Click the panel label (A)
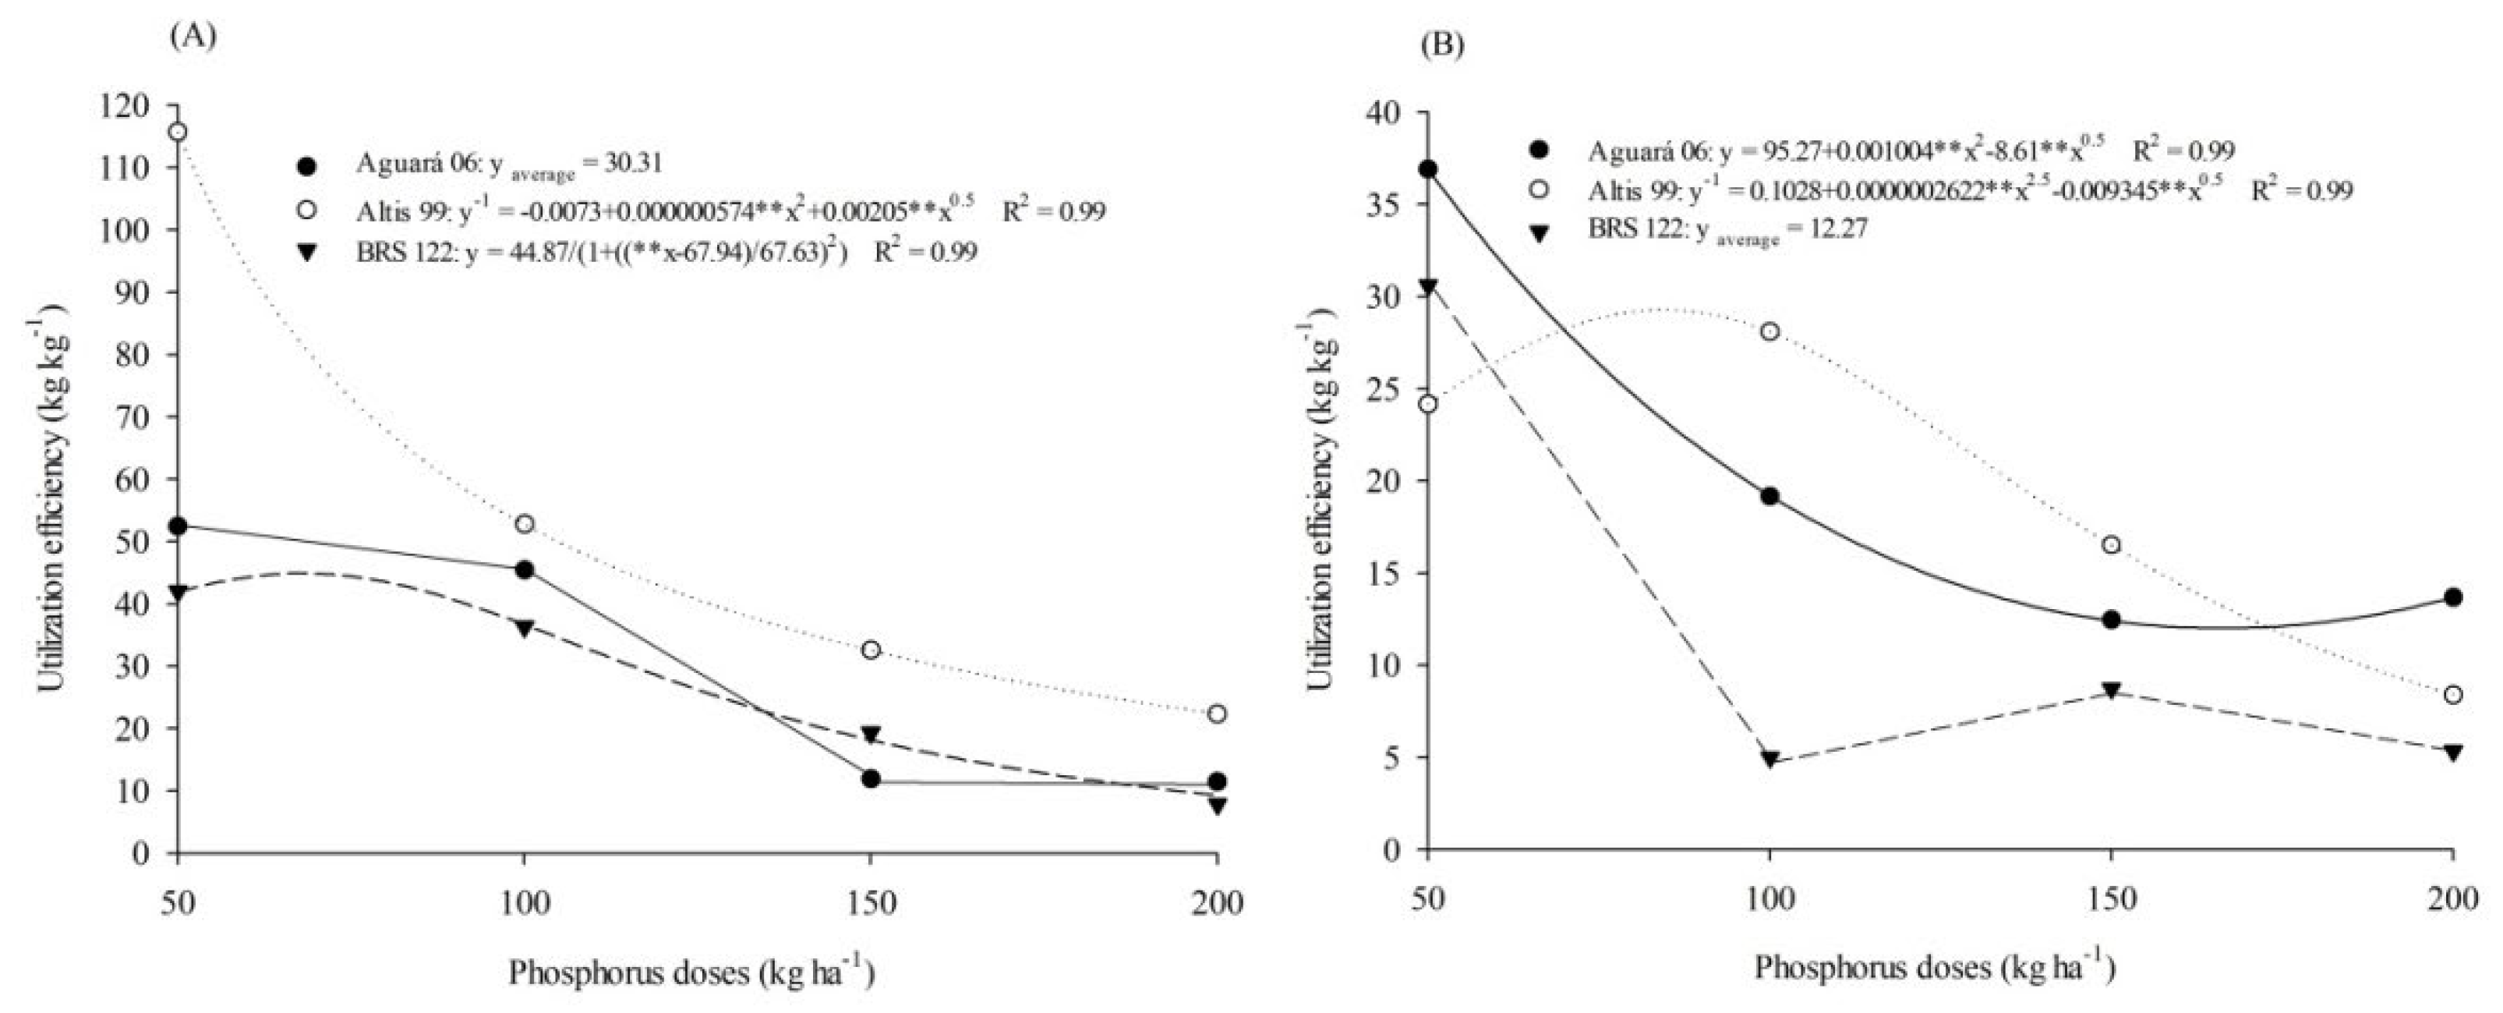pos(193,36)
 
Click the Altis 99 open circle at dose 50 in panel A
pos(178,131)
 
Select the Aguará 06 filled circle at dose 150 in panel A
pos(871,779)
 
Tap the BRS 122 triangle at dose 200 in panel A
pos(1218,805)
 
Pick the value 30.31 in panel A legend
pos(630,162)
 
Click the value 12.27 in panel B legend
pos(1833,229)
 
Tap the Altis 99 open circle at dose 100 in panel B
pos(1769,331)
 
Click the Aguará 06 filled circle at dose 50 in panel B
pos(1427,169)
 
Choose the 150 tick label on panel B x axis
pos(2112,900)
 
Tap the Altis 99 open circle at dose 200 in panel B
pos(2452,694)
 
